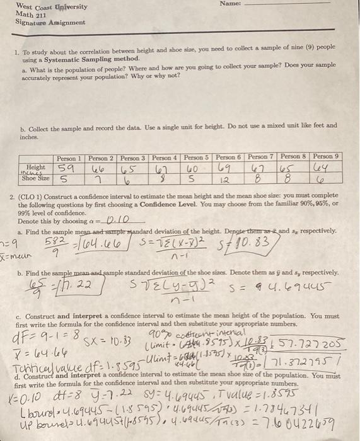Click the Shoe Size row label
coord(37,178)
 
